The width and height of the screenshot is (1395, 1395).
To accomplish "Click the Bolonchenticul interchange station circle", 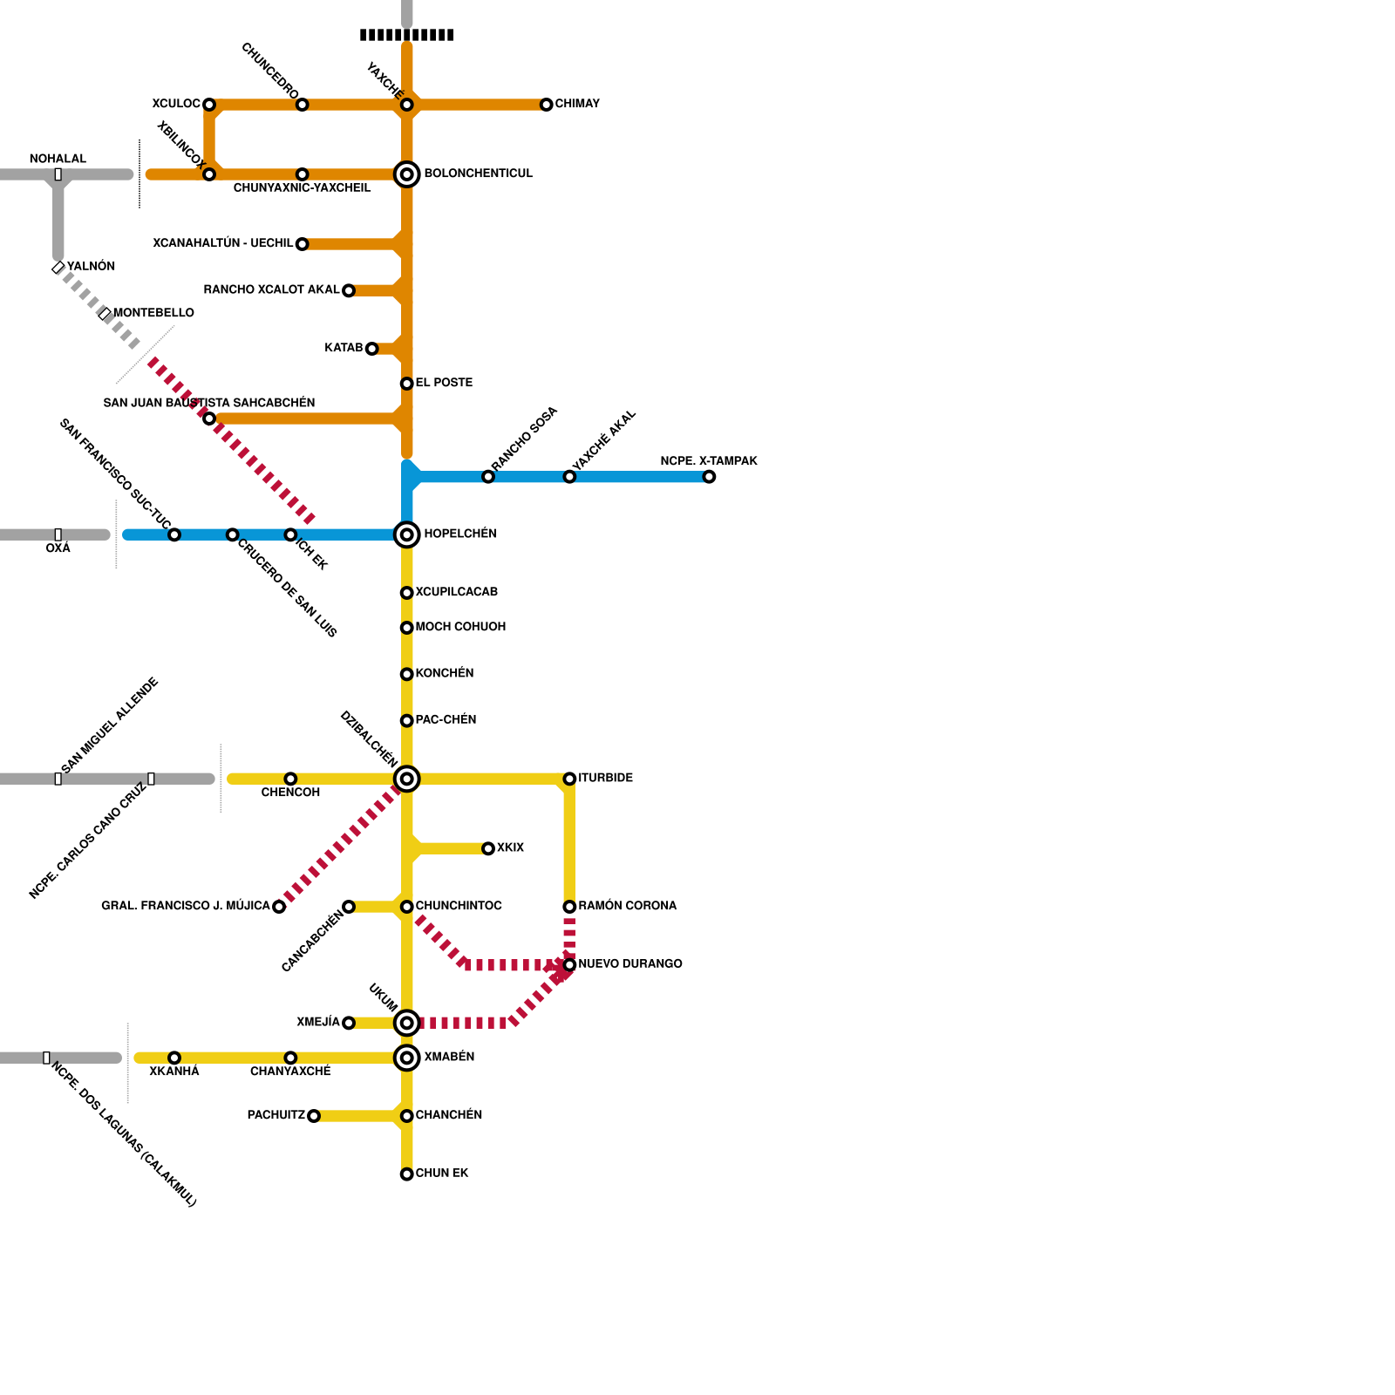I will coord(406,174).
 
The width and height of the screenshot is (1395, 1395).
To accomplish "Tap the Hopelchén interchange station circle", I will coord(406,534).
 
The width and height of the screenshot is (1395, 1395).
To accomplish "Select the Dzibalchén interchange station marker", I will coord(406,779).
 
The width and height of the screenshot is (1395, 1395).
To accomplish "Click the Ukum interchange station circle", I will coord(406,1023).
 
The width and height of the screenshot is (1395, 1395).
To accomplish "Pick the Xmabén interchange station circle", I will coord(406,1058).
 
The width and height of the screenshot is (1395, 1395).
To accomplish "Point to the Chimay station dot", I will coord(546,105).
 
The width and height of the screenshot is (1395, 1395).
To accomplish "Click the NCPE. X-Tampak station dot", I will coord(709,477).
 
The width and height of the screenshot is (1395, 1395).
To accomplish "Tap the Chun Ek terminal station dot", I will coord(406,1174).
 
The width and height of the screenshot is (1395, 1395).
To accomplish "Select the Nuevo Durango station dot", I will coord(569,965).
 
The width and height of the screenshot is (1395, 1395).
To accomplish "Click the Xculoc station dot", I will coord(209,105).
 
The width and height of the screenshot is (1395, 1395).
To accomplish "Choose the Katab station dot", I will coord(371,349).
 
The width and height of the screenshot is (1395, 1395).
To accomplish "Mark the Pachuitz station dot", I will coord(314,1116).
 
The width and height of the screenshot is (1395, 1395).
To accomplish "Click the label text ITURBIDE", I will coord(606,778).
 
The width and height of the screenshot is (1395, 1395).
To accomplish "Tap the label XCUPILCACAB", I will coord(456,592).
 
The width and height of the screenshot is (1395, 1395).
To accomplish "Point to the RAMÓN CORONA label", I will coord(628,906).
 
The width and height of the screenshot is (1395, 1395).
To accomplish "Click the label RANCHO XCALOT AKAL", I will coord(271,289).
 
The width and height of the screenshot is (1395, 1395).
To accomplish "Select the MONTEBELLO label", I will coord(153,313).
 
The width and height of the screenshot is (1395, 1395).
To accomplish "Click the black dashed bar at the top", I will coord(406,35).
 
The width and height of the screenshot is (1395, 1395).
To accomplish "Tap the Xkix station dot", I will coord(488,848).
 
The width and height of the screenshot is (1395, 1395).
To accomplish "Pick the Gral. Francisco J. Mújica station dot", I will coord(279,907).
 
